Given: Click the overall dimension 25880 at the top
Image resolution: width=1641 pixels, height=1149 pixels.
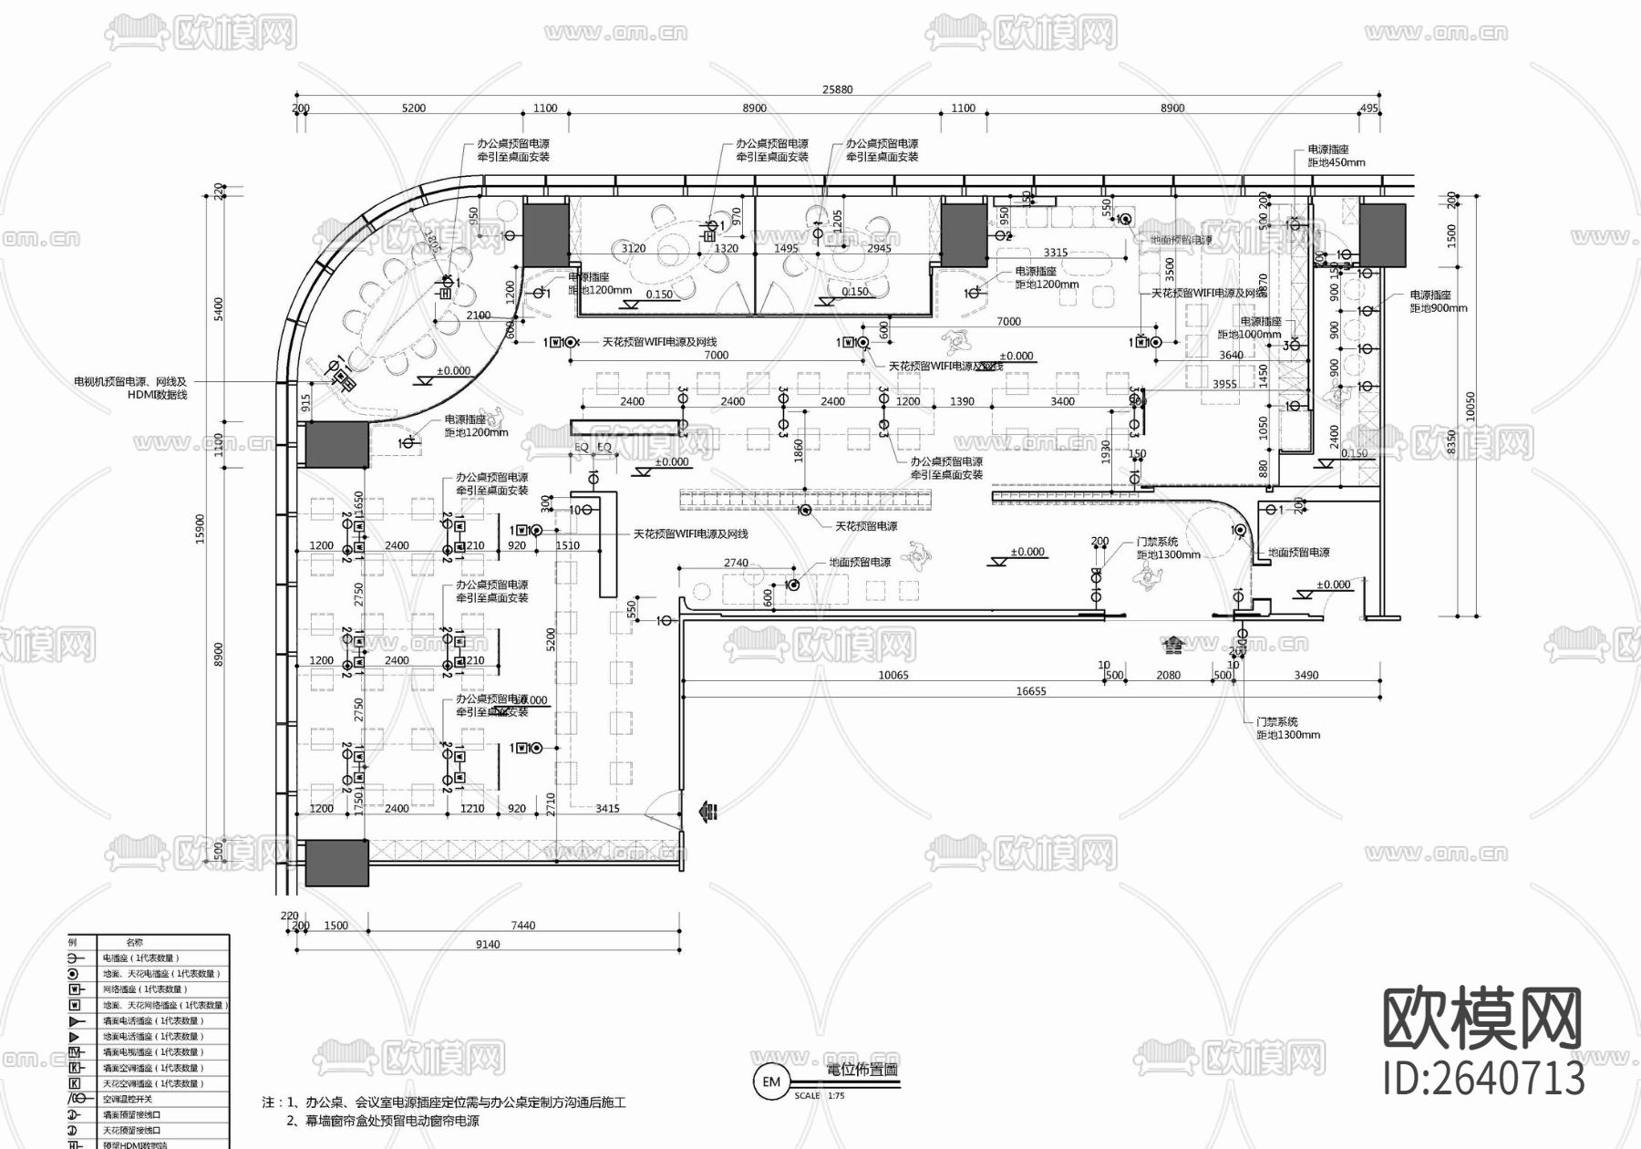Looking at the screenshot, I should (x=837, y=89).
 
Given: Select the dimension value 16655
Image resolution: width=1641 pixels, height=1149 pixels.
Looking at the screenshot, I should (x=1031, y=691).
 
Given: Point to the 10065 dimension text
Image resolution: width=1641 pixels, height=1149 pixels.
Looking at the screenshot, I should (x=893, y=676).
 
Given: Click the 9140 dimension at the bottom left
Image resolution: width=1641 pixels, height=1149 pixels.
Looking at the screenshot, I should (x=488, y=945).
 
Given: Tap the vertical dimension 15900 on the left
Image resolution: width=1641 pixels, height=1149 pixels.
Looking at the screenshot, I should (x=201, y=529).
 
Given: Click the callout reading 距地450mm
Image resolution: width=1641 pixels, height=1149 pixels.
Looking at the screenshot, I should (x=1337, y=163).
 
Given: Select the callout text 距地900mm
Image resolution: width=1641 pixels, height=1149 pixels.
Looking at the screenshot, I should (x=1439, y=308).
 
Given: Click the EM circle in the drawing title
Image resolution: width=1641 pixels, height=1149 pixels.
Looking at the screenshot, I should (x=771, y=1082).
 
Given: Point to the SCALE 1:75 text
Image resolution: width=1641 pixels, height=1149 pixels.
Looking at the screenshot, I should (x=820, y=1096).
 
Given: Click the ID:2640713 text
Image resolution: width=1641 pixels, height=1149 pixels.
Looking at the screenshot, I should (x=1483, y=1079).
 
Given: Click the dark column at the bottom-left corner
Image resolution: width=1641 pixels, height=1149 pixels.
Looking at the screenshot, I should (x=336, y=863).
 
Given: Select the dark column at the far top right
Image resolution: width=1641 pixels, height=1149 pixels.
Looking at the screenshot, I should (x=1382, y=235).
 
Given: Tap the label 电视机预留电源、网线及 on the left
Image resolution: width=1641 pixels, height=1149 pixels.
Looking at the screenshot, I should (x=129, y=382).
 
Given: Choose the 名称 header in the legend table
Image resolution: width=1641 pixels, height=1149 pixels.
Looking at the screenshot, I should (x=134, y=942).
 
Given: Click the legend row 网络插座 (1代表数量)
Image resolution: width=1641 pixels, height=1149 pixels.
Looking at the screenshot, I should (x=146, y=989).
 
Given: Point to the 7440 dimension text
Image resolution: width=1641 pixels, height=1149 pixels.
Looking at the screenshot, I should (x=523, y=926).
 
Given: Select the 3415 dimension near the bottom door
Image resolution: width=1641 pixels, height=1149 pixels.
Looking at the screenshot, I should (x=607, y=809).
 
